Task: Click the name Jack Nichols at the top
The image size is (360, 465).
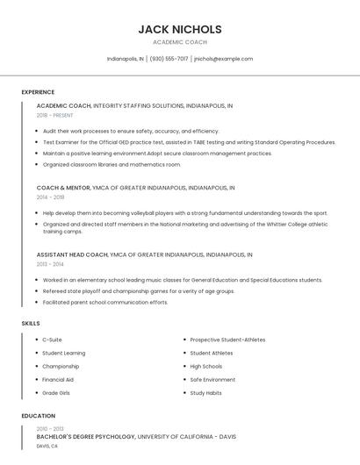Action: tap(180, 29)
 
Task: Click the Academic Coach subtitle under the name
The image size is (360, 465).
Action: tap(180, 42)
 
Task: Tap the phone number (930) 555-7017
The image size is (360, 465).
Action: tap(169, 59)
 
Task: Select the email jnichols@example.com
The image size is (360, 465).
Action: tap(223, 59)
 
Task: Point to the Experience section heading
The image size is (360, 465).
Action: tap(38, 92)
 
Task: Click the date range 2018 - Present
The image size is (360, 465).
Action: tap(54, 115)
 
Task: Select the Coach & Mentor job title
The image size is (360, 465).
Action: tap(63, 188)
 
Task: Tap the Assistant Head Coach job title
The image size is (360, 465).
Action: tap(72, 254)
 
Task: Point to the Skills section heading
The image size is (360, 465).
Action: tap(31, 324)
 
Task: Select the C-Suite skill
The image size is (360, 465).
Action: tap(53, 340)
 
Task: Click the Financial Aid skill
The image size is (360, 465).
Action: tap(58, 380)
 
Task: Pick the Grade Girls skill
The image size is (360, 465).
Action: tap(56, 393)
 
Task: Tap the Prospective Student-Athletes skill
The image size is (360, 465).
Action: tap(227, 340)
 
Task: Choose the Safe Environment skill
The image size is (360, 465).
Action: tap(212, 380)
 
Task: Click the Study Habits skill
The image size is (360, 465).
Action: tap(205, 393)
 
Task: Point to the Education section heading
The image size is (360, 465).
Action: tap(39, 416)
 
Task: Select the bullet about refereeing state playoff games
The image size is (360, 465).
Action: tap(139, 291)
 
